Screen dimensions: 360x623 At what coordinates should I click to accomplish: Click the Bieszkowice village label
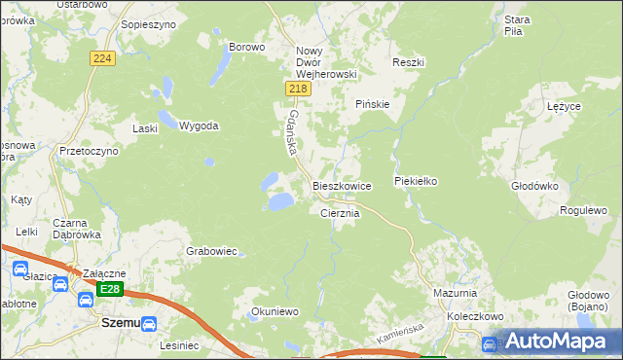point(341,185)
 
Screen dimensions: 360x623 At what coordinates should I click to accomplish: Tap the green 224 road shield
point(103,59)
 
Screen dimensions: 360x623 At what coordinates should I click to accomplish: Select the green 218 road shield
point(299,89)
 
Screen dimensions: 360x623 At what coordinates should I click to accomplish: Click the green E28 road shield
point(110,290)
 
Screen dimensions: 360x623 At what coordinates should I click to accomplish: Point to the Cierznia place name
point(340,213)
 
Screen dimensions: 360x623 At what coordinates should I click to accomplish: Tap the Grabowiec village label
point(211,251)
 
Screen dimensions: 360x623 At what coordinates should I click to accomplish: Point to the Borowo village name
point(246,46)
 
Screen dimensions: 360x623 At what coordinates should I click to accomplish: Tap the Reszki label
point(408,62)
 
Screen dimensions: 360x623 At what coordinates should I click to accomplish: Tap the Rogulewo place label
point(583,210)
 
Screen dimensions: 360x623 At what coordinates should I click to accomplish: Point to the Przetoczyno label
point(89,152)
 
